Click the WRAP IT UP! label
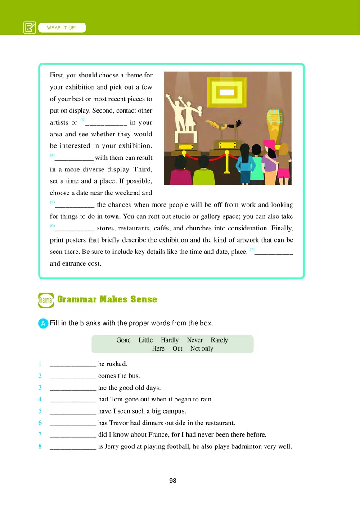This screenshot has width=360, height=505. pos(62,28)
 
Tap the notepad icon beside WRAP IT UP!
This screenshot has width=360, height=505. pos(30,28)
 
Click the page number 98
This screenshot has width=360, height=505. pos(173,481)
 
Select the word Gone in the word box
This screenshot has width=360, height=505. pos(123,340)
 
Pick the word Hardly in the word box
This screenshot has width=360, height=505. pos(170,340)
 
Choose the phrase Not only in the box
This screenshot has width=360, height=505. pos(202,348)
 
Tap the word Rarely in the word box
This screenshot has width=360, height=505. pos(219,340)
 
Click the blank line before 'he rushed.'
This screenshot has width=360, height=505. pos(73,365)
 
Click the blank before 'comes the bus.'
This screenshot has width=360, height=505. pos(73,376)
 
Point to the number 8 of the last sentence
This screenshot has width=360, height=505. pos(40,446)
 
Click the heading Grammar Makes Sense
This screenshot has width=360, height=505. pos(107,299)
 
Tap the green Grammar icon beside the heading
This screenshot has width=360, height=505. pos(46,300)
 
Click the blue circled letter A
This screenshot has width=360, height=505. pos(43,323)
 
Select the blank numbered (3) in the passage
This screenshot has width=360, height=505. pos(106,123)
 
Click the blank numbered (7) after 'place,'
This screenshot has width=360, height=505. pos(274,252)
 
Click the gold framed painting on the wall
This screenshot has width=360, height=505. pos(227,94)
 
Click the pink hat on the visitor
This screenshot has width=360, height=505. pos(269,144)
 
